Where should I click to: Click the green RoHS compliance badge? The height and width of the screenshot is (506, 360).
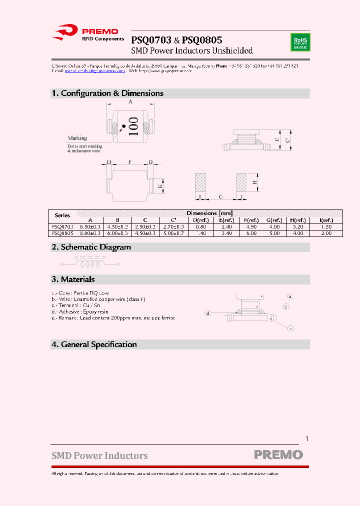[x=300, y=41]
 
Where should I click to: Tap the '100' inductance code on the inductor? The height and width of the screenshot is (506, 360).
[x=133, y=126]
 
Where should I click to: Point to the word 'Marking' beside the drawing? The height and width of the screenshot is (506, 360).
[x=77, y=138]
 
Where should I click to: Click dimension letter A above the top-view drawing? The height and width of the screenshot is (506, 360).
[x=130, y=102]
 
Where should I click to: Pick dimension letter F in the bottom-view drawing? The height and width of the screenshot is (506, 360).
[x=129, y=162]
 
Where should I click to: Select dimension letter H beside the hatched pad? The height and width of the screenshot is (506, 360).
[x=254, y=183]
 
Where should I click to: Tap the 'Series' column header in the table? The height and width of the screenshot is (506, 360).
[x=62, y=215]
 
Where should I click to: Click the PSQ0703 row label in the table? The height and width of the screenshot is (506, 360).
[x=62, y=226]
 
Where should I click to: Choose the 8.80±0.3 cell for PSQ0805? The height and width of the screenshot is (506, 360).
[x=90, y=233]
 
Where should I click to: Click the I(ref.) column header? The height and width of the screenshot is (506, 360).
[x=326, y=220]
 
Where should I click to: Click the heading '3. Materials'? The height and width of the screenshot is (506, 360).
[x=73, y=279]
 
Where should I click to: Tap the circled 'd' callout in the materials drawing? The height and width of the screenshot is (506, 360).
[x=207, y=313]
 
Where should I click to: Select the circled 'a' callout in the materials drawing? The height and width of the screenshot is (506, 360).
[x=290, y=296]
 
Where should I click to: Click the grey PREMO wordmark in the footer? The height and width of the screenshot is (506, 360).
[x=278, y=455]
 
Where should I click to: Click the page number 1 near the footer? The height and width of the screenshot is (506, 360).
[x=307, y=438]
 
